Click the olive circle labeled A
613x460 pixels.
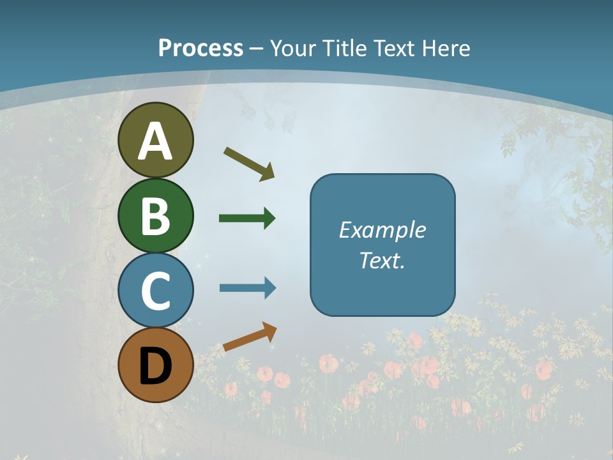[x=155, y=140]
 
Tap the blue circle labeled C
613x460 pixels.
[x=155, y=290]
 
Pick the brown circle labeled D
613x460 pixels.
[x=155, y=365]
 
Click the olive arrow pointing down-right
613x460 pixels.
[x=250, y=163]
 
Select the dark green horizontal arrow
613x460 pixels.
[x=247, y=218]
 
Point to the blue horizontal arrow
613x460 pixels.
[x=247, y=288]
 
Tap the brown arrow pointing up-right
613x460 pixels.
[x=250, y=337]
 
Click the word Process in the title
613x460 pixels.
[x=201, y=48]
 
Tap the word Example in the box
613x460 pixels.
[x=382, y=230]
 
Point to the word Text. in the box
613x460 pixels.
[x=382, y=260]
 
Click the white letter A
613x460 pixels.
[x=155, y=141]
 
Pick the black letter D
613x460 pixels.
[x=155, y=367]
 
